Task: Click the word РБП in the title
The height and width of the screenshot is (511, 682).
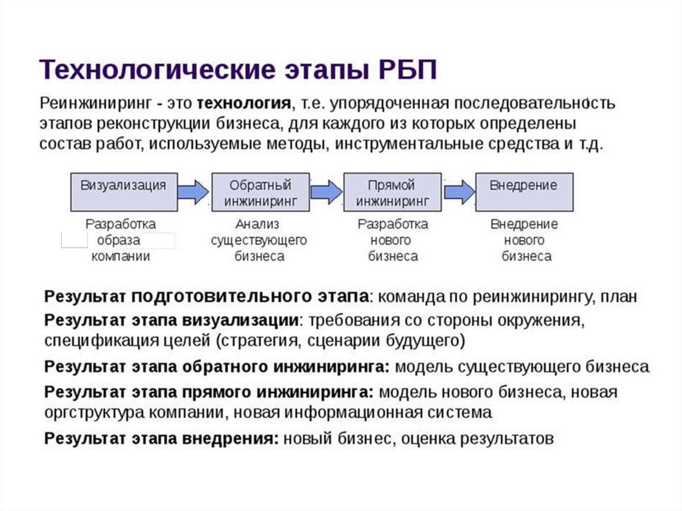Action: [401, 69]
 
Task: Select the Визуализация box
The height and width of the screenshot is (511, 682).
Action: [123, 192]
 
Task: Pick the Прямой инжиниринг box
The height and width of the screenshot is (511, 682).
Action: [392, 192]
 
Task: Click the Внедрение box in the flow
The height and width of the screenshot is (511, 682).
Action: [523, 192]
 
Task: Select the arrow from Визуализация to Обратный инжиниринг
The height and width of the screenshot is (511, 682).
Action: [193, 192]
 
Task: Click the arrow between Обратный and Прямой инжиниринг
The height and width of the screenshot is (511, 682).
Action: [326, 192]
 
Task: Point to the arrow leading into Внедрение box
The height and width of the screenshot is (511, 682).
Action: [458, 192]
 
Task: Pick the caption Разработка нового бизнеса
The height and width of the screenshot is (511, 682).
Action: [392, 240]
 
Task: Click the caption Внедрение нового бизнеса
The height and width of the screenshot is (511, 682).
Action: [525, 240]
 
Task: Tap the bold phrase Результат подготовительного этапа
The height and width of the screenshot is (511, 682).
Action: [206, 296]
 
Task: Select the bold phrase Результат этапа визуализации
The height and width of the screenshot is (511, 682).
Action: [171, 320]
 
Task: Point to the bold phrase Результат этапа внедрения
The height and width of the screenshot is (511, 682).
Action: [161, 439]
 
